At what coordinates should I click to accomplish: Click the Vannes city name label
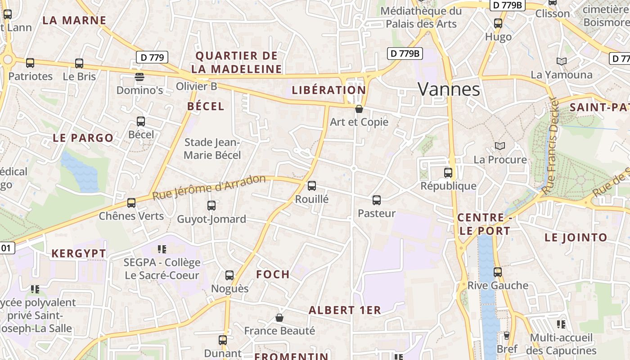(449, 89)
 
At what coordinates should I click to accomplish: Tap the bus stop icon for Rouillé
(311, 185)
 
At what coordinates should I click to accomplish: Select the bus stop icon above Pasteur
(377, 200)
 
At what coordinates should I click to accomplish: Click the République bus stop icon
(448, 172)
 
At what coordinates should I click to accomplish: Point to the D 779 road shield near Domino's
(152, 57)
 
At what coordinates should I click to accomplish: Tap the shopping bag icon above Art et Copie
(359, 108)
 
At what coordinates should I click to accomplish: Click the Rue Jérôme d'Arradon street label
(209, 187)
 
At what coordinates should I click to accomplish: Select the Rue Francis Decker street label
(550, 146)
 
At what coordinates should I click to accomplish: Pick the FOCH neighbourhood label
(273, 274)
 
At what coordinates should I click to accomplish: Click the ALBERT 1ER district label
(345, 310)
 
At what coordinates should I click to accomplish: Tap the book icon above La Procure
(499, 146)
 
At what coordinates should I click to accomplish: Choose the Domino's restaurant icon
(139, 76)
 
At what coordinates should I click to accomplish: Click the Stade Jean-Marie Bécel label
(212, 149)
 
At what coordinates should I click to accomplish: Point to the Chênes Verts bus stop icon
(131, 202)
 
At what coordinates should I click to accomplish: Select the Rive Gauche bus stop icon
(497, 272)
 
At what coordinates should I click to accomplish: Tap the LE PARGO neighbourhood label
(83, 138)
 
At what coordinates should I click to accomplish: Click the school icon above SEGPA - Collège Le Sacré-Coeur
(162, 249)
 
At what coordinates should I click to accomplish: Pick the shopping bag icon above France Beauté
(279, 318)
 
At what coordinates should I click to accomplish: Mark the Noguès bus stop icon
(229, 275)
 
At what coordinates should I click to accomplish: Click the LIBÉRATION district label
(328, 90)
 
